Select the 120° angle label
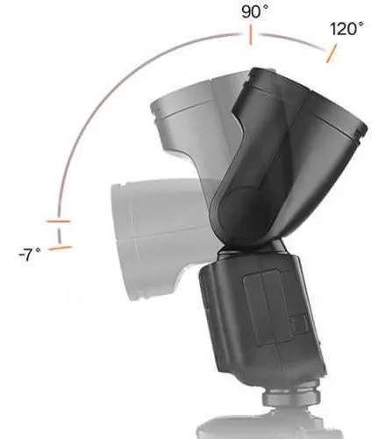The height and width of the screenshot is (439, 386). point(347,28)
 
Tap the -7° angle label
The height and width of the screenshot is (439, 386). point(30,255)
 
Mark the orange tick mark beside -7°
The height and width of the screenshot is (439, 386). point(61,248)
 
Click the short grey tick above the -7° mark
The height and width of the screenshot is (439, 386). point(59,223)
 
